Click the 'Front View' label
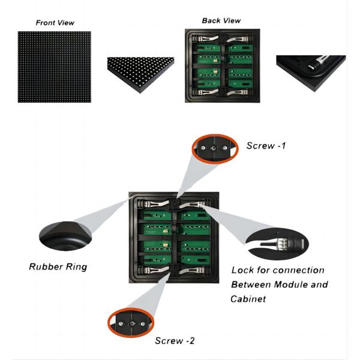point(55,22)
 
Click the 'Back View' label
point(221,20)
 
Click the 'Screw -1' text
point(265,146)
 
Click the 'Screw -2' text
point(175,341)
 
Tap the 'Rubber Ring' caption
point(58,266)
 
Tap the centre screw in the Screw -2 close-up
point(130,322)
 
